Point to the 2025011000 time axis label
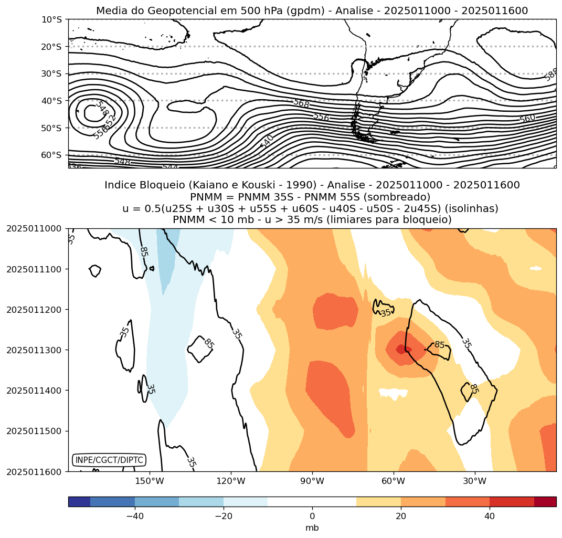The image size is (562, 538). coord(33,228)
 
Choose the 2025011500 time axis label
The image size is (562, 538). coord(33,431)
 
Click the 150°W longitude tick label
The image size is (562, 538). coord(150,481)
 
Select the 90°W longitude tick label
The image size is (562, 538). coord(312,481)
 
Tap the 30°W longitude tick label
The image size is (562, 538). coord(475,481)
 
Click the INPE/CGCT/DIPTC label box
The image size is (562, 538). coord(109,460)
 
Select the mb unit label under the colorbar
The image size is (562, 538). coord(312,528)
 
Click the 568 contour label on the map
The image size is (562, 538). coord(301,103)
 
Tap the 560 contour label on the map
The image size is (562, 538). coord(527,119)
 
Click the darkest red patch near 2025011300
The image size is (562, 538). coord(401,349)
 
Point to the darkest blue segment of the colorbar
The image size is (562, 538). coord(79,502)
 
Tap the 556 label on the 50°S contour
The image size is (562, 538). coord(321,117)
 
